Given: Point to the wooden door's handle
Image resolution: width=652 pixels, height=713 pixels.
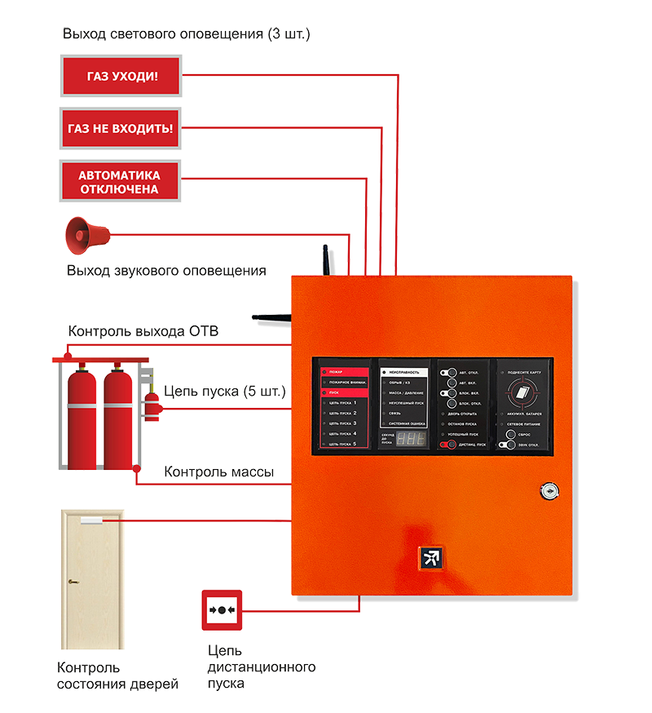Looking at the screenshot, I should (73, 582).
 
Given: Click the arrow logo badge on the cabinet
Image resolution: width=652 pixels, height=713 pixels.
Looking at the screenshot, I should (430, 558).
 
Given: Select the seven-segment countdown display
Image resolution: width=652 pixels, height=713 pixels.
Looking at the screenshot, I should (412, 439).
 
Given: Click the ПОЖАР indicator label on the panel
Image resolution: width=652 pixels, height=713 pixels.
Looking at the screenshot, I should (342, 372).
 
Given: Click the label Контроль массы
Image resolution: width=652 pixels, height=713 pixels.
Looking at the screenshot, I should (218, 472).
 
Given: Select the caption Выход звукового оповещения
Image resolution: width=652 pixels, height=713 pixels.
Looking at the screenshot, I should (166, 271).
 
